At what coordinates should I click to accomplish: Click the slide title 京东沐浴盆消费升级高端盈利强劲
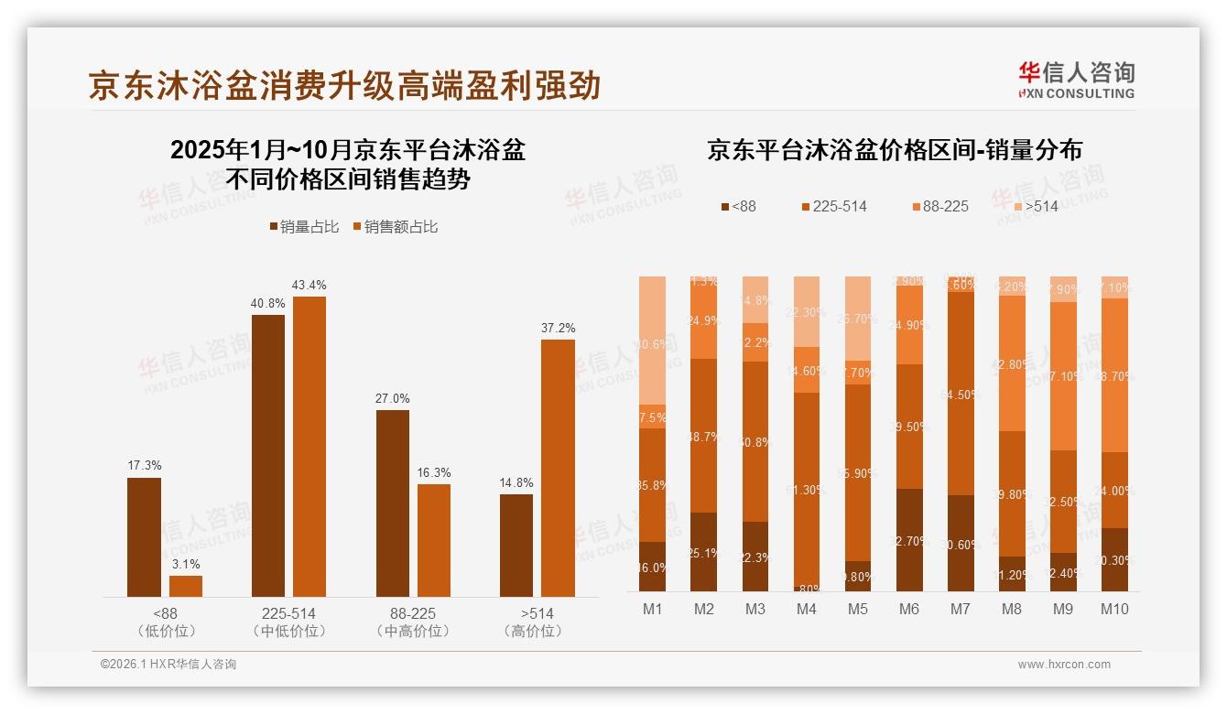[x=344, y=85]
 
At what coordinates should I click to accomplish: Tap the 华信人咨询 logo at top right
[x=1076, y=80]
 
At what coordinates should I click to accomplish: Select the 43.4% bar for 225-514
[x=309, y=446]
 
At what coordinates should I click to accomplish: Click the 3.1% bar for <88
[x=186, y=586]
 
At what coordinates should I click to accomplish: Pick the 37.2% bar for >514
[x=558, y=468]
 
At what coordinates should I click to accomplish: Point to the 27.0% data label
[x=392, y=398]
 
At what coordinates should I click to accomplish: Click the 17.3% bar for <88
[x=144, y=536]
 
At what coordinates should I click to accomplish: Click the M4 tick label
[x=806, y=609]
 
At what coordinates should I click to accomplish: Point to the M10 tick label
[x=1114, y=609]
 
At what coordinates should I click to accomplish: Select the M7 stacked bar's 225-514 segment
[x=961, y=393]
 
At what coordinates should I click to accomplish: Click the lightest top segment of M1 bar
[x=652, y=340]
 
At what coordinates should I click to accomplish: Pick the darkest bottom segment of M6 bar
[x=909, y=539]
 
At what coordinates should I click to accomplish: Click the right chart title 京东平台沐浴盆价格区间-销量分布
[x=894, y=150]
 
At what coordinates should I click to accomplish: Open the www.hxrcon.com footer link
[x=1064, y=665]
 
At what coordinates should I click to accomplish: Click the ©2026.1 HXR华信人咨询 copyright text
[x=168, y=665]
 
